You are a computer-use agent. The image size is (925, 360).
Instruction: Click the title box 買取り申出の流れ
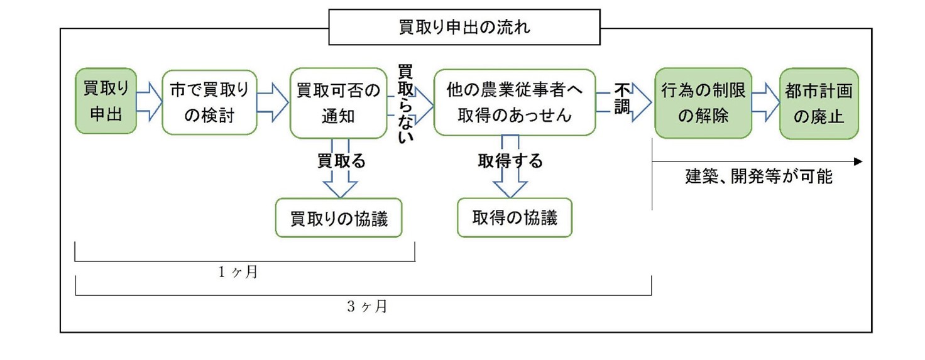tap(464, 28)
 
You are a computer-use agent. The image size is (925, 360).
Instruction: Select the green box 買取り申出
tap(106, 101)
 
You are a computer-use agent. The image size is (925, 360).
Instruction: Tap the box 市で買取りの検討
tap(209, 102)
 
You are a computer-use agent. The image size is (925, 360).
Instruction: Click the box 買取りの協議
tap(339, 219)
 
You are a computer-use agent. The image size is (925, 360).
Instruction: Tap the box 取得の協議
tap(515, 217)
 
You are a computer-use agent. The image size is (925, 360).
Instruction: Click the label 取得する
tap(510, 161)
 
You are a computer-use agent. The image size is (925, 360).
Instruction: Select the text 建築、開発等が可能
tap(758, 177)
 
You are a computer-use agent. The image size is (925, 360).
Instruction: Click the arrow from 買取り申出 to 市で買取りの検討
tap(149, 102)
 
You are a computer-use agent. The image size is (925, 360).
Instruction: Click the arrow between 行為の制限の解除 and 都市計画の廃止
tap(765, 102)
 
